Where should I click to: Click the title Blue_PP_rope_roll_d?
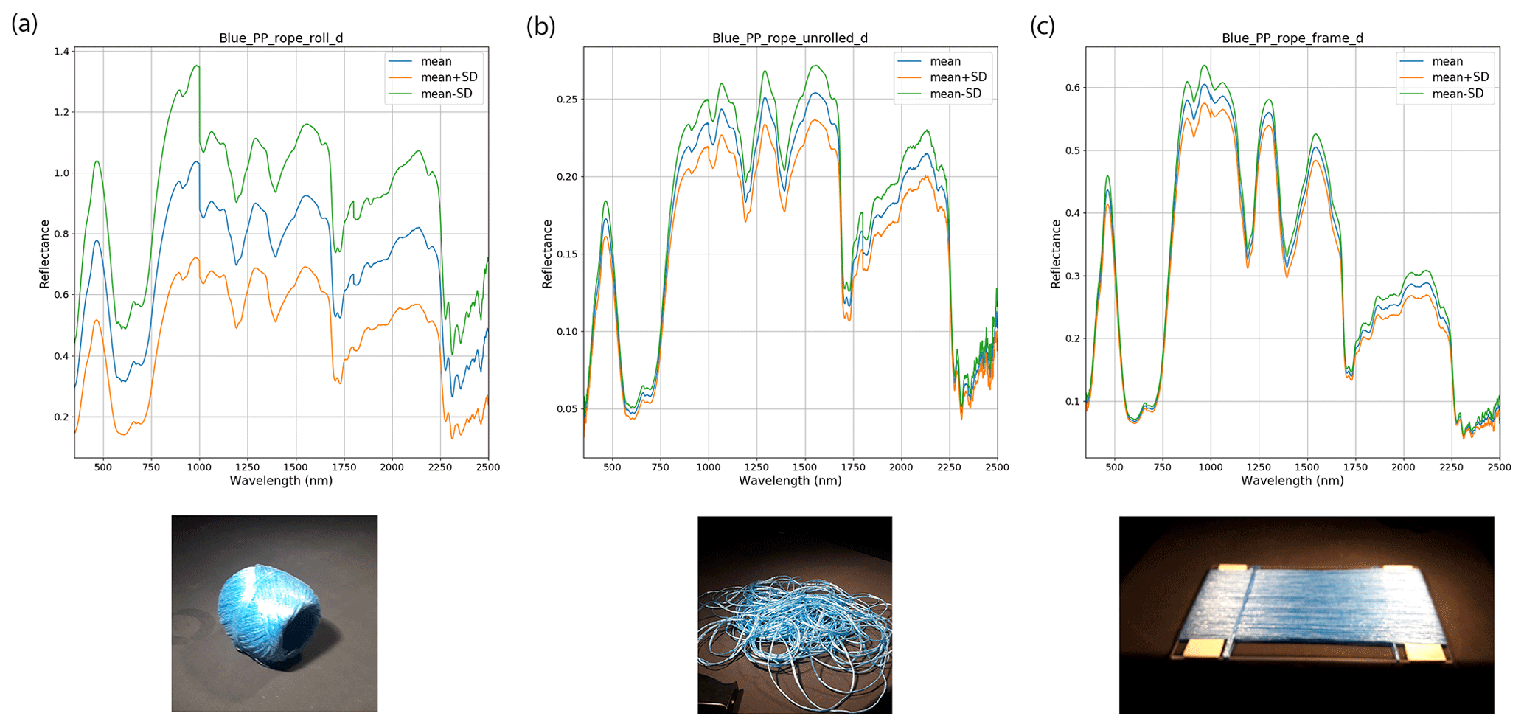(x=281, y=38)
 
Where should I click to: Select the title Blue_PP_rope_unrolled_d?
(x=790, y=38)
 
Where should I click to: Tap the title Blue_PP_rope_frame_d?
(x=1292, y=38)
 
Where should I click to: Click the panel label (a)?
(x=24, y=24)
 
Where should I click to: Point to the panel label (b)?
(x=540, y=27)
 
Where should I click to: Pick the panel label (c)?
(x=1042, y=27)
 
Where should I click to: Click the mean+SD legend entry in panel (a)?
(x=448, y=77)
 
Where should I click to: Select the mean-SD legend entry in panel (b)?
(x=956, y=94)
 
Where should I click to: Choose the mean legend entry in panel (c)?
(x=1447, y=61)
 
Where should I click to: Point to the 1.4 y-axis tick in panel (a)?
(x=62, y=52)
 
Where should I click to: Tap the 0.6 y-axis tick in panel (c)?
(x=1073, y=88)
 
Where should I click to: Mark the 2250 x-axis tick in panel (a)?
(x=440, y=467)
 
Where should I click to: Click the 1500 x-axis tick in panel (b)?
(x=804, y=467)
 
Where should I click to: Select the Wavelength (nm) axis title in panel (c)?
(x=1292, y=481)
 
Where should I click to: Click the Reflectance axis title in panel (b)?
(x=547, y=254)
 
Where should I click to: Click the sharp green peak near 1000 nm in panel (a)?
(x=197, y=66)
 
